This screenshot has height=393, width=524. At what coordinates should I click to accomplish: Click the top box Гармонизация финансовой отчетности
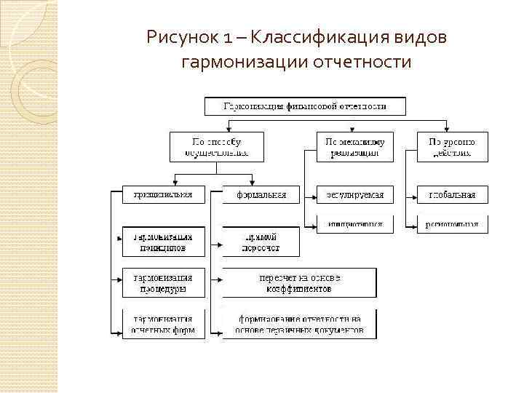click(304, 107)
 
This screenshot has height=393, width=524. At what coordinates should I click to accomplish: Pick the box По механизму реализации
click(354, 146)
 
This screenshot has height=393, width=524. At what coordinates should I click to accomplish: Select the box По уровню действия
click(452, 146)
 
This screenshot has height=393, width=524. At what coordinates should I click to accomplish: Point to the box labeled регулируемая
click(354, 195)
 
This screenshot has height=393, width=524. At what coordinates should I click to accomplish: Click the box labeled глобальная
click(452, 195)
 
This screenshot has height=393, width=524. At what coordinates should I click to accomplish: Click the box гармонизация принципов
click(163, 242)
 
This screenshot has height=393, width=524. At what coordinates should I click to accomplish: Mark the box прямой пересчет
click(251, 242)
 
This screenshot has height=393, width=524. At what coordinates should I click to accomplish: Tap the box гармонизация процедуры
click(163, 283)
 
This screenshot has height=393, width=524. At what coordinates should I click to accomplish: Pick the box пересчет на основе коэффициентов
click(299, 283)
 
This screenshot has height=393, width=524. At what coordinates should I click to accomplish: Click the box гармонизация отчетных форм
click(163, 324)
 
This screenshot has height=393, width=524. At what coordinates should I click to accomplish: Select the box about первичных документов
click(299, 324)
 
